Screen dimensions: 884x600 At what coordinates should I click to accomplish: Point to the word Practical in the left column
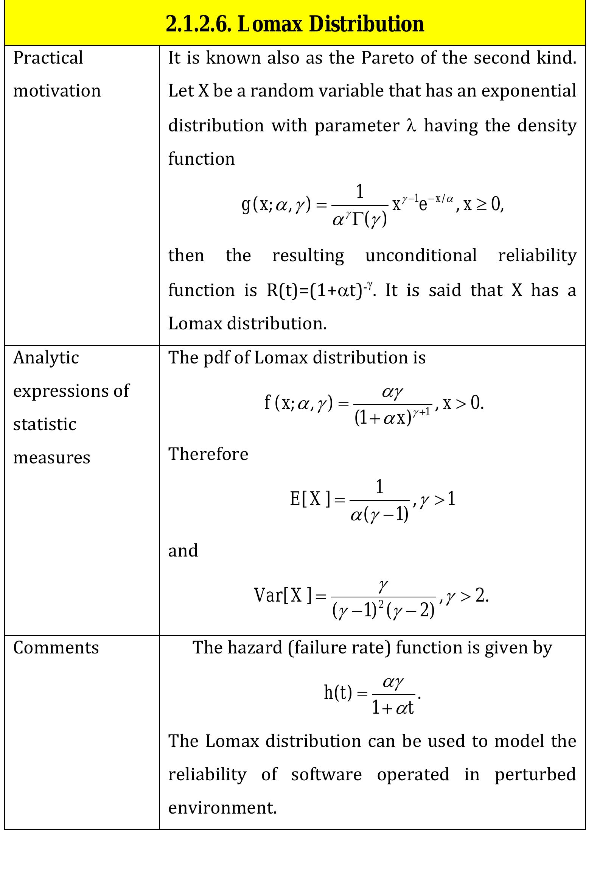pyautogui.click(x=48, y=58)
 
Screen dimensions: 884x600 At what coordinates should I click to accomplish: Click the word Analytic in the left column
pyautogui.click(x=46, y=357)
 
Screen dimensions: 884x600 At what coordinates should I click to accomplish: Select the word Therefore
pyautogui.click(x=208, y=454)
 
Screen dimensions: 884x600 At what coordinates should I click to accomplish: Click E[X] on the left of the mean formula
pyautogui.click(x=310, y=499)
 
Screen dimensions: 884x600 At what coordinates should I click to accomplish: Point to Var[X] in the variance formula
pyautogui.click(x=283, y=595)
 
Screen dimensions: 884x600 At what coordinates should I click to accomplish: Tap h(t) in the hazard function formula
pyautogui.click(x=338, y=692)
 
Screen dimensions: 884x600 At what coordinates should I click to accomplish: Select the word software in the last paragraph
pyautogui.click(x=326, y=775)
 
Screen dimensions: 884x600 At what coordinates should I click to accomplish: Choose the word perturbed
pyautogui.click(x=535, y=775)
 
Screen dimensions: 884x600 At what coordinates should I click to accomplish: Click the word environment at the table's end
pyautogui.click(x=222, y=808)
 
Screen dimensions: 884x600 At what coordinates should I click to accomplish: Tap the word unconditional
pyautogui.click(x=421, y=255)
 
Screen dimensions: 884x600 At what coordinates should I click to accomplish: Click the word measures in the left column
pyautogui.click(x=52, y=457)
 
